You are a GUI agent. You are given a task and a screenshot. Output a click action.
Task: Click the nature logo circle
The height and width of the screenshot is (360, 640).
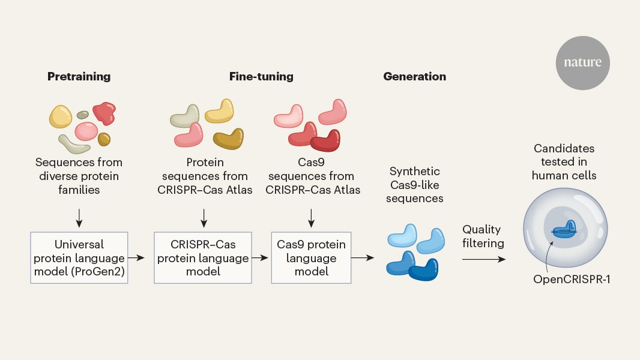(582, 62)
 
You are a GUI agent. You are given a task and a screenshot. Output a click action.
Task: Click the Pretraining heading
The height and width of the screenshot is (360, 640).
(79, 76)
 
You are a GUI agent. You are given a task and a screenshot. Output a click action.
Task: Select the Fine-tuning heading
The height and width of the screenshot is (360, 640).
(261, 76)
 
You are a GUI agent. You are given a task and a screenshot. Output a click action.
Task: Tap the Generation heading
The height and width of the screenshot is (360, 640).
(414, 76)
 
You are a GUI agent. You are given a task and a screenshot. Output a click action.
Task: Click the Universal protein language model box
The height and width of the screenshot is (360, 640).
(79, 257)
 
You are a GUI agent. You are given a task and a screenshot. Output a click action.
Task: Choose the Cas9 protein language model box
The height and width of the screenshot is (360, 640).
(311, 257)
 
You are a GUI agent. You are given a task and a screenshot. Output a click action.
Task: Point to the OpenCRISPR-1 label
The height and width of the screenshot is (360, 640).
(572, 279)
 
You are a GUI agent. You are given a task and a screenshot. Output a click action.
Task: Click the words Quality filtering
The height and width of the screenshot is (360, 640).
(482, 236)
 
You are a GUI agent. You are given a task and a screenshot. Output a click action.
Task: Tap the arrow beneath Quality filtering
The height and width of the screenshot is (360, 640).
(483, 259)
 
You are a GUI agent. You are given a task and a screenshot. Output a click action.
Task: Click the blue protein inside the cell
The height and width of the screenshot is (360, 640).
(563, 229)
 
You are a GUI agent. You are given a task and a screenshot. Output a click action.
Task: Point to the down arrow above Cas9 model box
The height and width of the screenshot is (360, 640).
(311, 217)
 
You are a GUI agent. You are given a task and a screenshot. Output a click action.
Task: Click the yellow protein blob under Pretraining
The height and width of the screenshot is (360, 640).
(61, 116)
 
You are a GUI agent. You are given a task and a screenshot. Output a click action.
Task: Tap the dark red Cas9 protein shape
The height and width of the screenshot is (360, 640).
(325, 140)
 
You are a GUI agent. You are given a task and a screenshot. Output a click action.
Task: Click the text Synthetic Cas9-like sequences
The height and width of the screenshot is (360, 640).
(414, 184)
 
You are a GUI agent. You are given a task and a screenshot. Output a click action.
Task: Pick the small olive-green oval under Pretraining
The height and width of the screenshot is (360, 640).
(83, 114)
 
